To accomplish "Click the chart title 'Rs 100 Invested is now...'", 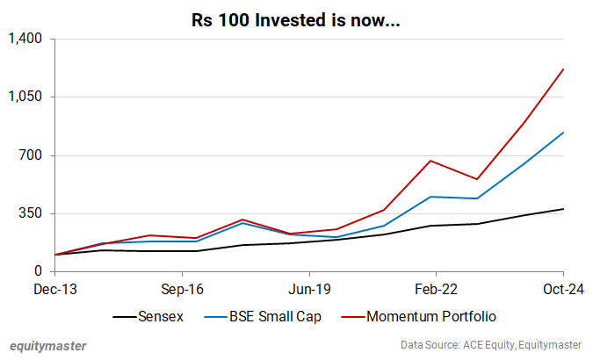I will coord(296,18).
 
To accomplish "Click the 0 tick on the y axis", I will coord(40,271).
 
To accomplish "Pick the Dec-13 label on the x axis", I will coord(54,288).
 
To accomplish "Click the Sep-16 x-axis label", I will coord(182,288).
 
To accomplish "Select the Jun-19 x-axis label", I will coord(309,288).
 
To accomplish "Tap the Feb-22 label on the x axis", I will coord(436,288).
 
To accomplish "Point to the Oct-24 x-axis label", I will coord(562,288).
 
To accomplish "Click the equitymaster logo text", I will coord(47,345).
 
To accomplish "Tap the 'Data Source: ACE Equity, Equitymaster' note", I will coord(492,345).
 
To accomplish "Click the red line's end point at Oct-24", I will coord(563,68).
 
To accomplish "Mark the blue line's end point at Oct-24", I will coord(563,133).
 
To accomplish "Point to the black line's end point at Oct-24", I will coord(563,209).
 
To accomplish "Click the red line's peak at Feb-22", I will coord(430,161).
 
